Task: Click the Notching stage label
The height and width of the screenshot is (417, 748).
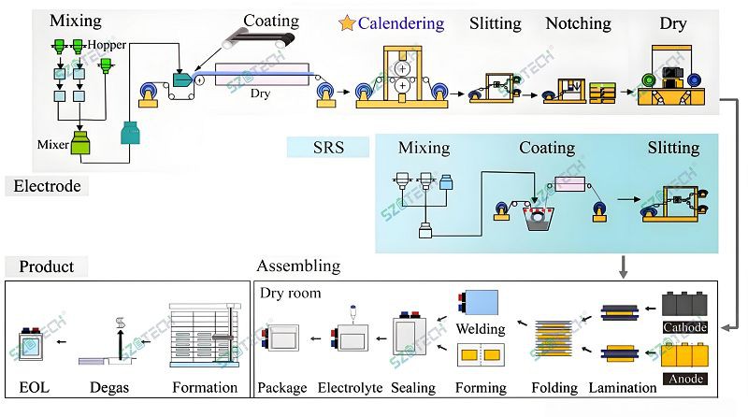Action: tap(578, 23)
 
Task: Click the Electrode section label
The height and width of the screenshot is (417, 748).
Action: tap(47, 186)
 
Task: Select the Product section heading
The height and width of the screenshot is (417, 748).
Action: tap(47, 266)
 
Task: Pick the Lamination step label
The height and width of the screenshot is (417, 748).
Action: tap(621, 387)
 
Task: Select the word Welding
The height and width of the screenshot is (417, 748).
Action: tap(481, 328)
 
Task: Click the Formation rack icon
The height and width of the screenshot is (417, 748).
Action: tap(203, 338)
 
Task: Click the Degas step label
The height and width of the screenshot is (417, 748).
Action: tap(110, 387)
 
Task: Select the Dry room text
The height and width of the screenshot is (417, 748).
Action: tap(291, 293)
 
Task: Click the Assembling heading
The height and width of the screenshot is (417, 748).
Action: tap(298, 266)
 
